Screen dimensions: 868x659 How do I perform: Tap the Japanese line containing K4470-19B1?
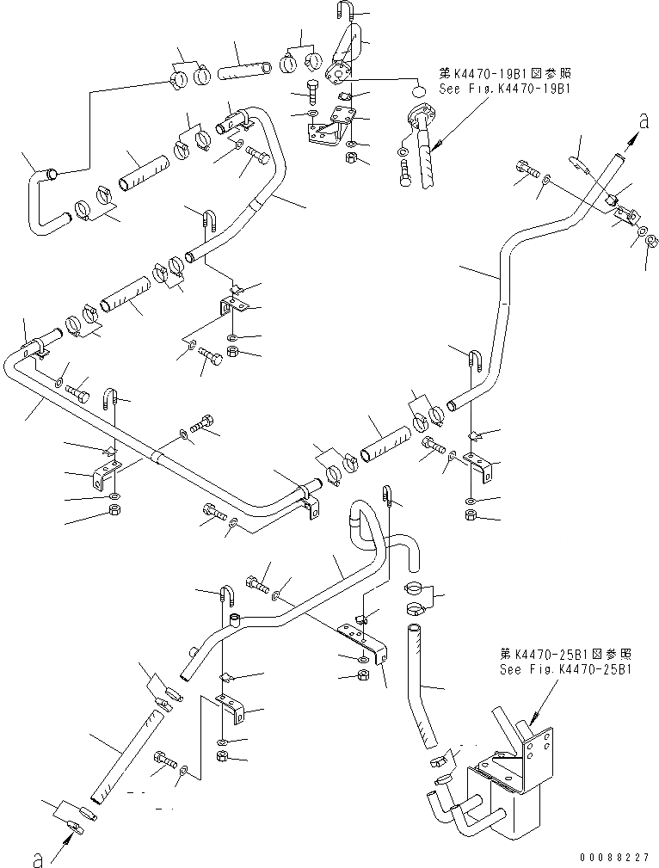(x=506, y=75)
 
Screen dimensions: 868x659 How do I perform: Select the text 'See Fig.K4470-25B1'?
(x=566, y=668)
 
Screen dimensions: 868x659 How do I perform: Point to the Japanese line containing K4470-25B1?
(x=566, y=655)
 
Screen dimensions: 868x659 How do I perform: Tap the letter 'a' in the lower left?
(x=36, y=858)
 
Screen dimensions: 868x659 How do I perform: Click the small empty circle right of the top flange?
(x=417, y=90)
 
